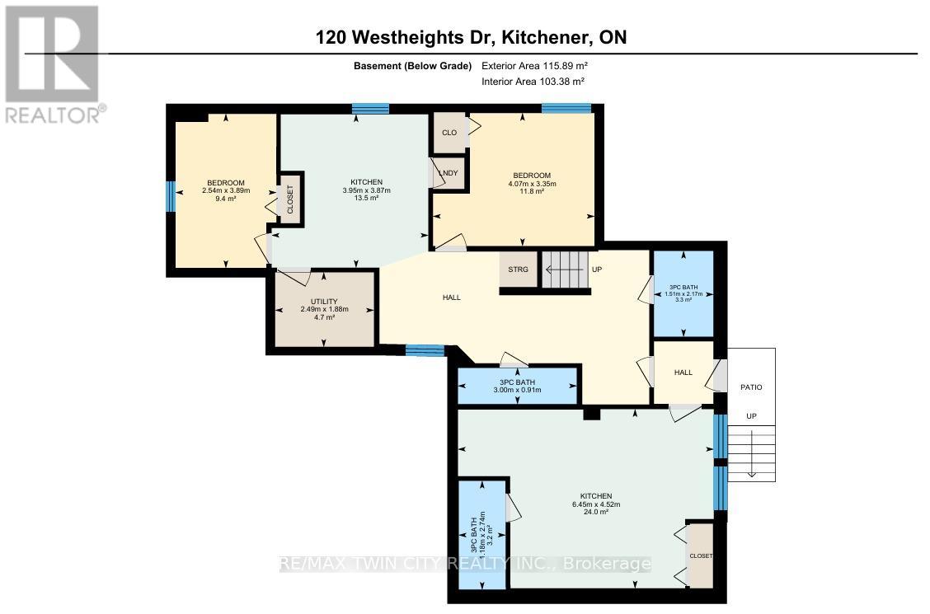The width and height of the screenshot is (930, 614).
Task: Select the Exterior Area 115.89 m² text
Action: coord(534,66)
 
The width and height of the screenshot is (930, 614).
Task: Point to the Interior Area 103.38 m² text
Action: coord(533,82)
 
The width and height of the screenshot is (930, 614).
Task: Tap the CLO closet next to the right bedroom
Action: coord(449,133)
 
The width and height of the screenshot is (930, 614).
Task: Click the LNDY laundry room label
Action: coord(449,172)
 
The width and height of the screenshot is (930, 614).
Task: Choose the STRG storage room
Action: coord(519,270)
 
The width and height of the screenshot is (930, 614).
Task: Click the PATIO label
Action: coord(751,387)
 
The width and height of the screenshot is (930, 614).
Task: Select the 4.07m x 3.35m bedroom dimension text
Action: coord(531,184)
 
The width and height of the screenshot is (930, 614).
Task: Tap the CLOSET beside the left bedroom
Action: coord(290,199)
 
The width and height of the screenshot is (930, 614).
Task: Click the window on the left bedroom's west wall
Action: coord(171,197)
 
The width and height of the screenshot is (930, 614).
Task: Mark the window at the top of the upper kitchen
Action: coord(370,108)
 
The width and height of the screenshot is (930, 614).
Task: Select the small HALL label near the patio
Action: coord(683,373)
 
